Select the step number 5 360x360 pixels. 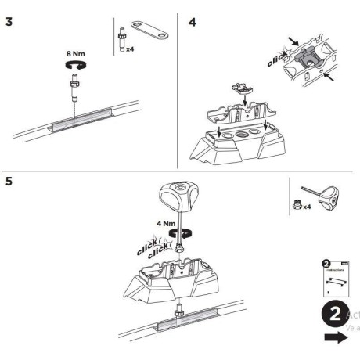pyautogui.click(x=9, y=182)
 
